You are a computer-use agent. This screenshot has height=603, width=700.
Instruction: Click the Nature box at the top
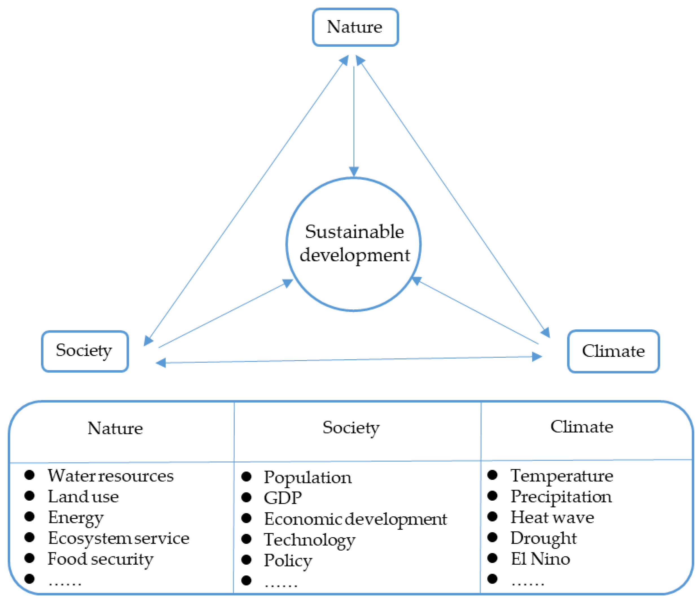(x=355, y=27)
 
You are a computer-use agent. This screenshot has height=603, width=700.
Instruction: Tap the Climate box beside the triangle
(x=613, y=351)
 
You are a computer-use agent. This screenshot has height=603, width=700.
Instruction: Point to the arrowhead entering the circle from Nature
(x=354, y=171)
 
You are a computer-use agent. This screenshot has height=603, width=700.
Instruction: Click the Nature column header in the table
(x=115, y=428)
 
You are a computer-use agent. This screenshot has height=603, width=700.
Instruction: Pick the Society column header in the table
(x=351, y=428)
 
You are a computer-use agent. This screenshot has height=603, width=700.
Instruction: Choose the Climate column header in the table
(x=582, y=427)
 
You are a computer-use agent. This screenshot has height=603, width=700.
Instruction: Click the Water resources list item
(x=111, y=476)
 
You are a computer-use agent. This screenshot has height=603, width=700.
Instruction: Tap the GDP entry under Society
(x=283, y=498)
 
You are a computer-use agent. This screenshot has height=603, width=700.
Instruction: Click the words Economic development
(x=356, y=519)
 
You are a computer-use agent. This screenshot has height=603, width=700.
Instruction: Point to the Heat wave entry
(x=552, y=518)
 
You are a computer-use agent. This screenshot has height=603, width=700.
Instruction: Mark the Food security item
(x=100, y=559)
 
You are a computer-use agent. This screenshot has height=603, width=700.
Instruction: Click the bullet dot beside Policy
(x=246, y=560)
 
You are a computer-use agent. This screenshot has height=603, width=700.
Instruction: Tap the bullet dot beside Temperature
(x=492, y=475)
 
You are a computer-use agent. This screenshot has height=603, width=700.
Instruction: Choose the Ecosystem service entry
(x=118, y=538)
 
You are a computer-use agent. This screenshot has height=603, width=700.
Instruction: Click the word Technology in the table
(x=310, y=540)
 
